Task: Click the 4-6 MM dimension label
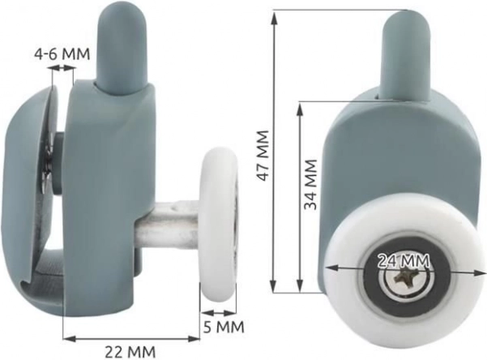[x=62, y=54]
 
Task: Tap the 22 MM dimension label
[x=130, y=352]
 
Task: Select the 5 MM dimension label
[x=224, y=327]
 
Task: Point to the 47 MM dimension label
[x=263, y=156]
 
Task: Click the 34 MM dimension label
[x=310, y=184]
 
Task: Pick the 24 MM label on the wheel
[x=404, y=261]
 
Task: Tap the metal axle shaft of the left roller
[x=168, y=223]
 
